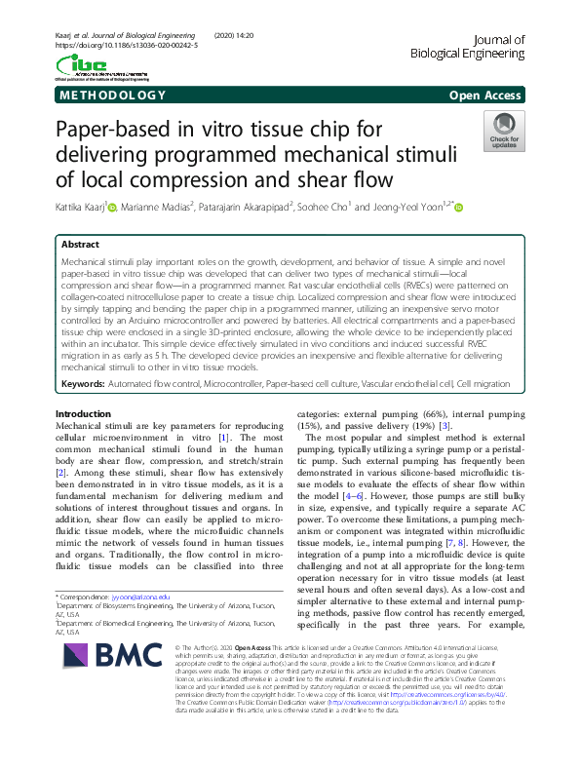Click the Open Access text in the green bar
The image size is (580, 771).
(486, 96)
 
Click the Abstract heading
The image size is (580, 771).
(81, 245)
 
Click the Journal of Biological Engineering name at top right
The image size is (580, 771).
(483, 47)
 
